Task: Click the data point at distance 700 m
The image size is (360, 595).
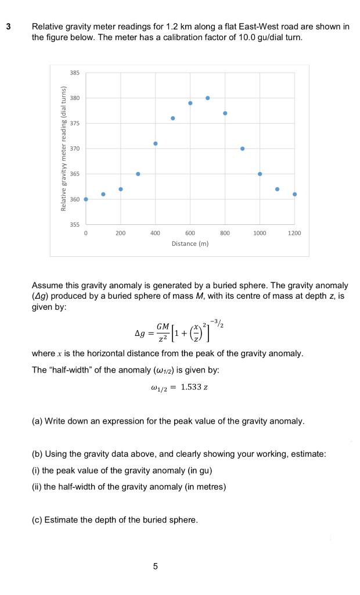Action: [207, 98]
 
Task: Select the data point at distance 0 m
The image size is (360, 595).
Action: [86, 199]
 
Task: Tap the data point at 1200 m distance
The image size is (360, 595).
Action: [294, 194]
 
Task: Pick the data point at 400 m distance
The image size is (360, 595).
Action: [155, 143]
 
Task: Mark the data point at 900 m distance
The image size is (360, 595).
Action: [242, 148]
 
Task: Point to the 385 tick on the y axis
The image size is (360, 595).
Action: [75, 73]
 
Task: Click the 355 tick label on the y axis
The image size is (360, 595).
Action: [75, 224]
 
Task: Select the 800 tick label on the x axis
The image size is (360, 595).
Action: [225, 233]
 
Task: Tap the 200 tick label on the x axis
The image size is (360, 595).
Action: [120, 233]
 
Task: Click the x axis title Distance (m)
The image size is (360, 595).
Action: [190, 244]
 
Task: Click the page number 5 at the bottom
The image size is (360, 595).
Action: [156, 565]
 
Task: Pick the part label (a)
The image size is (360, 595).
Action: [37, 421]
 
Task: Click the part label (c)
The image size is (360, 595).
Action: [37, 519]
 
